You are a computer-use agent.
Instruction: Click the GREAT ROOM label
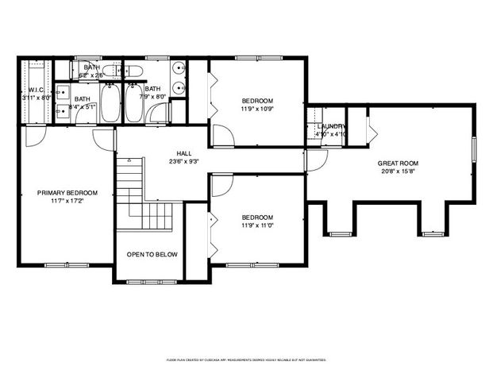click(397, 163)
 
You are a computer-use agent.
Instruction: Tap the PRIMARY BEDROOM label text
click(67, 193)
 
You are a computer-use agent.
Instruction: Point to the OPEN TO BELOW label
click(152, 255)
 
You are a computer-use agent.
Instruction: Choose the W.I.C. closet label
click(35, 90)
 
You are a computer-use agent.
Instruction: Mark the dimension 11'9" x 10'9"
click(257, 109)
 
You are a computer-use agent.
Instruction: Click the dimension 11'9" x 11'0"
click(257, 226)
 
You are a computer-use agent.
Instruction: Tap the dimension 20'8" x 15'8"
click(397, 171)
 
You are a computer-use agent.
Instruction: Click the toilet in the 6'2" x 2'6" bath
click(134, 71)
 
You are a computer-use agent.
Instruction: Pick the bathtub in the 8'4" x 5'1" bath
click(110, 103)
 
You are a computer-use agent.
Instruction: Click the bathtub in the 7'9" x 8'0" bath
click(133, 103)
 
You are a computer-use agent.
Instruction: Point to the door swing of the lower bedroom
click(221, 184)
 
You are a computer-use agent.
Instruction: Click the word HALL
click(183, 152)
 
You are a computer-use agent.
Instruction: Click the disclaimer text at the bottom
click(246, 360)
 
